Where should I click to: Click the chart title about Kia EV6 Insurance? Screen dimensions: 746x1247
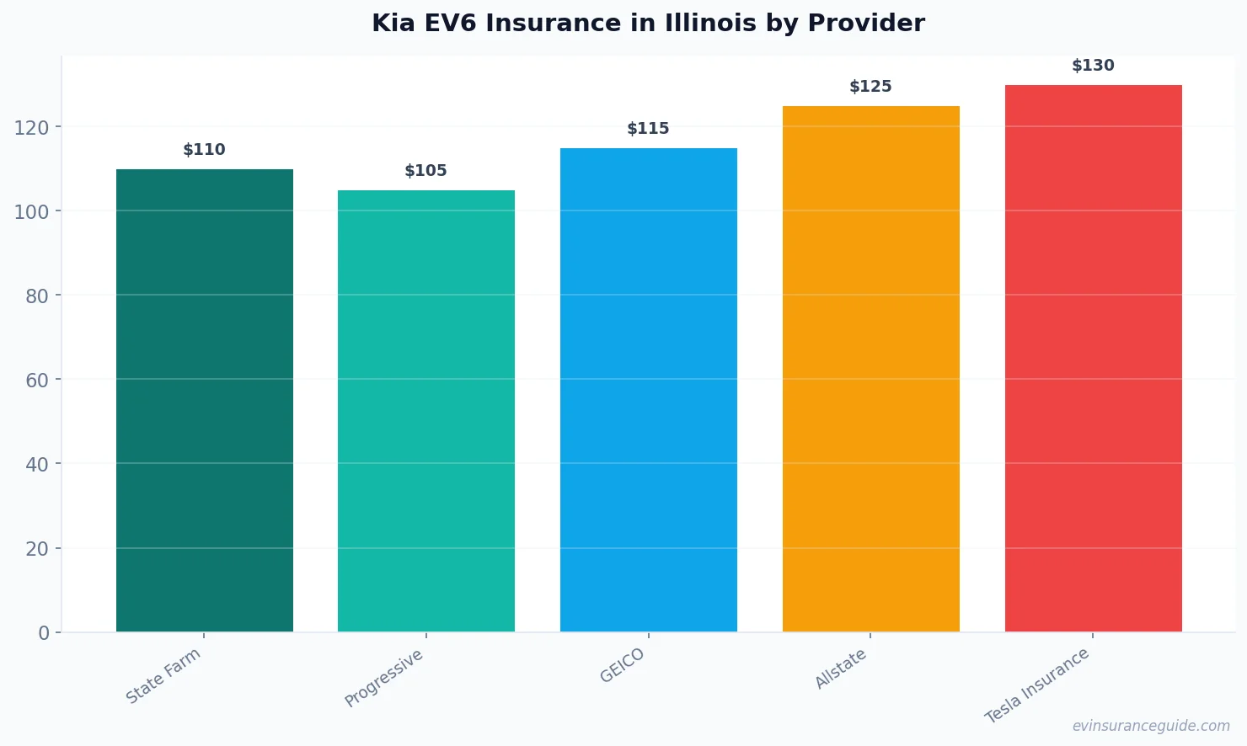(648, 24)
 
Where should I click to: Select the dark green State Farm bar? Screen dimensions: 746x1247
(205, 400)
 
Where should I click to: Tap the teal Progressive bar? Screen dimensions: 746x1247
(426, 411)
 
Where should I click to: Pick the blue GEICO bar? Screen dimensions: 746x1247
(648, 390)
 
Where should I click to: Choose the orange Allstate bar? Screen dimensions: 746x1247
(870, 369)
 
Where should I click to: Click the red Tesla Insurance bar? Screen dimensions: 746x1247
(1093, 358)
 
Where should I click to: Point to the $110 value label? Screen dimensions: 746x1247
(204, 150)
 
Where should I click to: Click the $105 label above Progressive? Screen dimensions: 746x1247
(425, 171)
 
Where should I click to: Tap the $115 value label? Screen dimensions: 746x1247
(648, 129)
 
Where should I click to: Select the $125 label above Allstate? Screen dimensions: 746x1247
(870, 87)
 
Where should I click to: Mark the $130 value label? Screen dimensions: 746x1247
(1093, 66)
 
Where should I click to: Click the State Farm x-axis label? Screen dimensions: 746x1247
(163, 675)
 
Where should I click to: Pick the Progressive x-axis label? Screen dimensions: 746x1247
(384, 678)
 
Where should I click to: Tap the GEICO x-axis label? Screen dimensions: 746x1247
(623, 666)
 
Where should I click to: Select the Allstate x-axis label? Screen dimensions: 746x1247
(841, 669)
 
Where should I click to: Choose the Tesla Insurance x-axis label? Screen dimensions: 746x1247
(1037, 685)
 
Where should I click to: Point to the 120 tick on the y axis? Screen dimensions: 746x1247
(31, 127)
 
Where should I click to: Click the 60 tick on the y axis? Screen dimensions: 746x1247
(37, 380)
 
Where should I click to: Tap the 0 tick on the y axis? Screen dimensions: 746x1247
(44, 633)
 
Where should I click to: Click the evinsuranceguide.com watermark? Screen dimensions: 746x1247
(1151, 726)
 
